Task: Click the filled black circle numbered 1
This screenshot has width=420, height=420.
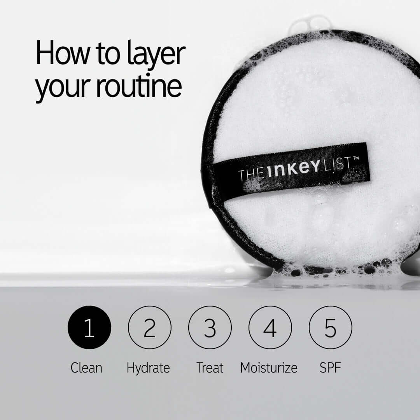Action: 89,327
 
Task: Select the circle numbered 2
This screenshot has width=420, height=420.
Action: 150,327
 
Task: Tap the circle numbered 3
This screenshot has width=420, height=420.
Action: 210,327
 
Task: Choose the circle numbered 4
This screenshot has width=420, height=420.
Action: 270,327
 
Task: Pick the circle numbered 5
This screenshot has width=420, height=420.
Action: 330,327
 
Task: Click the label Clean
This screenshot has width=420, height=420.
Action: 86,367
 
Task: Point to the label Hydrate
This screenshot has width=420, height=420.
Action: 148,368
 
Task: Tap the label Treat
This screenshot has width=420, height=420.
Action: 210,367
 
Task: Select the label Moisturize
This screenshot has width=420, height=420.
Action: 269,367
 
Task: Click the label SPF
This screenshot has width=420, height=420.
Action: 330,367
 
